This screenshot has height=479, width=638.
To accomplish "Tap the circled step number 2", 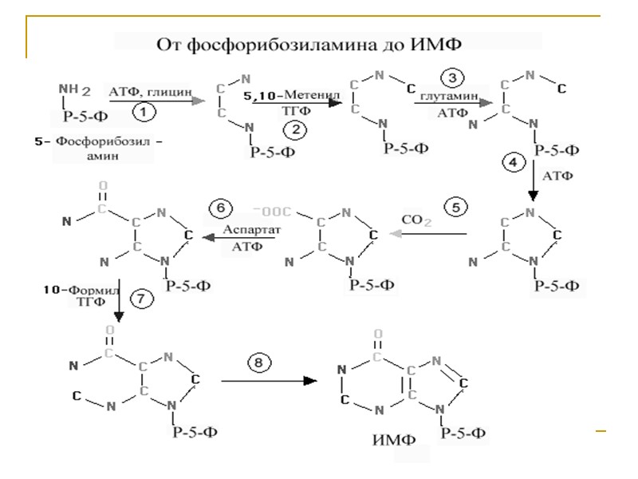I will [297, 129].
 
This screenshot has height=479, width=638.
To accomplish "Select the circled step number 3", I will [452, 78].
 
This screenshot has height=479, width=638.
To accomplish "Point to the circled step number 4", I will [512, 162].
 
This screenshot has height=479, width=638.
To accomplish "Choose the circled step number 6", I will [219, 208].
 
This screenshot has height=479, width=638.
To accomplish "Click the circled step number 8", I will [258, 364].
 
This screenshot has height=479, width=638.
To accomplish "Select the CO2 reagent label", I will [418, 217].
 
